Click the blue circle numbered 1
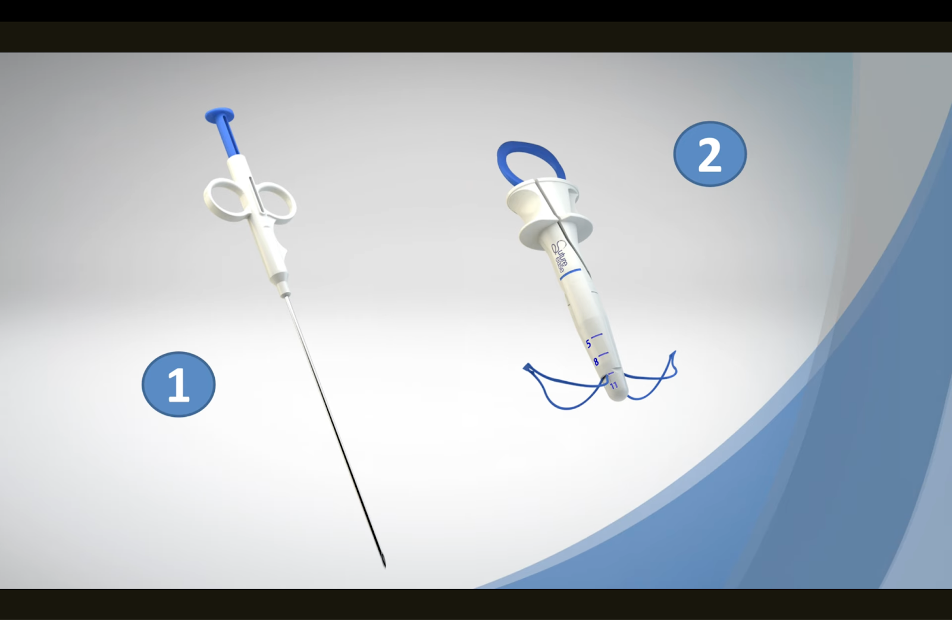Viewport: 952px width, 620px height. (x=178, y=384)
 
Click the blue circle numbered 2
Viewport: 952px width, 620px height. (x=709, y=154)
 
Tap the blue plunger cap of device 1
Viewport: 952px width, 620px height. (x=219, y=114)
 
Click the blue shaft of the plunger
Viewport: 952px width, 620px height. (x=229, y=139)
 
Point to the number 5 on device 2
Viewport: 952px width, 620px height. (x=588, y=344)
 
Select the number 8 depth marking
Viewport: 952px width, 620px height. (x=596, y=362)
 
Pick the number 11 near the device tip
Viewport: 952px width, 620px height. (x=613, y=385)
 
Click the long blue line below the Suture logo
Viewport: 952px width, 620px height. (x=570, y=275)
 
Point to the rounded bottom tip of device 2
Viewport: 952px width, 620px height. (x=619, y=396)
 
